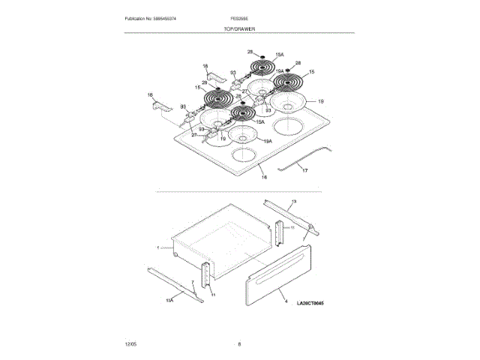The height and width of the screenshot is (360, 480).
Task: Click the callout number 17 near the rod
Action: (304, 171)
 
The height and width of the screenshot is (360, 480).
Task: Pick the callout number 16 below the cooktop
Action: (263, 177)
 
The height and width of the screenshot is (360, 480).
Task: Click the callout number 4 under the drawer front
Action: (285, 302)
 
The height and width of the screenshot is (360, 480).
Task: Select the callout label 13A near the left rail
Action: (169, 300)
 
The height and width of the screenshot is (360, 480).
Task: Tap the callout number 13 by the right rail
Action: (293, 202)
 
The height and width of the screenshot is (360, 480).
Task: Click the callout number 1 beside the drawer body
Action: (158, 247)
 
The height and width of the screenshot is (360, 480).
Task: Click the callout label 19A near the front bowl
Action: (268, 140)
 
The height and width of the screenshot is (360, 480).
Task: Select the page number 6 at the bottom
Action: (239, 343)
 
